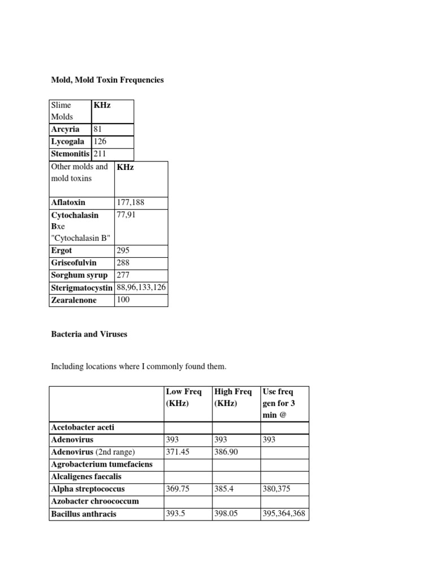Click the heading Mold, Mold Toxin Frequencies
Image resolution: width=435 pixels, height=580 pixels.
(x=107, y=80)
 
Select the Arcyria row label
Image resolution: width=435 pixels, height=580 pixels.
(x=65, y=130)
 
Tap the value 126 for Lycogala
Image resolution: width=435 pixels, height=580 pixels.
(x=100, y=142)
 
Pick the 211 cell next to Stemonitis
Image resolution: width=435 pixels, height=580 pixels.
(x=100, y=153)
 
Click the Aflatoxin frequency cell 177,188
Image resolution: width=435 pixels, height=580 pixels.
(x=128, y=202)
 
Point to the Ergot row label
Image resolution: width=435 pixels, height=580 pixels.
(x=62, y=250)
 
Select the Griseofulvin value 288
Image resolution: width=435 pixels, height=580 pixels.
(x=123, y=263)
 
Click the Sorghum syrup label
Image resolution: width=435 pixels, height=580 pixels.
(x=79, y=275)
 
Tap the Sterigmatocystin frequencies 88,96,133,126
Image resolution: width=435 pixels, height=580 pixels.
(x=141, y=288)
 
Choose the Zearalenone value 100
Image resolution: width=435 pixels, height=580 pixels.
(x=123, y=300)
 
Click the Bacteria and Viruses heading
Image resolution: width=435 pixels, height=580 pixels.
(x=89, y=334)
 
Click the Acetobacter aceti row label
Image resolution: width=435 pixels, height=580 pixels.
(x=83, y=427)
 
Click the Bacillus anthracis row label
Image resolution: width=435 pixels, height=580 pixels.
(x=84, y=514)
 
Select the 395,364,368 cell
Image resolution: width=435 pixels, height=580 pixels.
(x=284, y=514)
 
